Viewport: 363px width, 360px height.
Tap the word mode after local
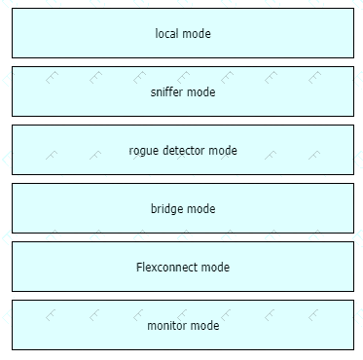196,33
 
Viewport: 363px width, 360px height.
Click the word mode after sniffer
201,92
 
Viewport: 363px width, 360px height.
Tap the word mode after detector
223,151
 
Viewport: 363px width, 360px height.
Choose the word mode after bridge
201,209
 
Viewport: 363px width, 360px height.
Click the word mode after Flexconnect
215,268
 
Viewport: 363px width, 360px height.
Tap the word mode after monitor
204,326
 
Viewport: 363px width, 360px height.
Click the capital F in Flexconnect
139,268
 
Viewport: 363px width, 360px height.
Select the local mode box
183,33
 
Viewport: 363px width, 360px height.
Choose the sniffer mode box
183,91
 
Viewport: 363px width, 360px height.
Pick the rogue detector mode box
183,150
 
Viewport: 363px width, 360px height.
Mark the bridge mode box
183,208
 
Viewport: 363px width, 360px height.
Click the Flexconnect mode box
183,267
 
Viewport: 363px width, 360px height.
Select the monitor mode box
183,325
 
